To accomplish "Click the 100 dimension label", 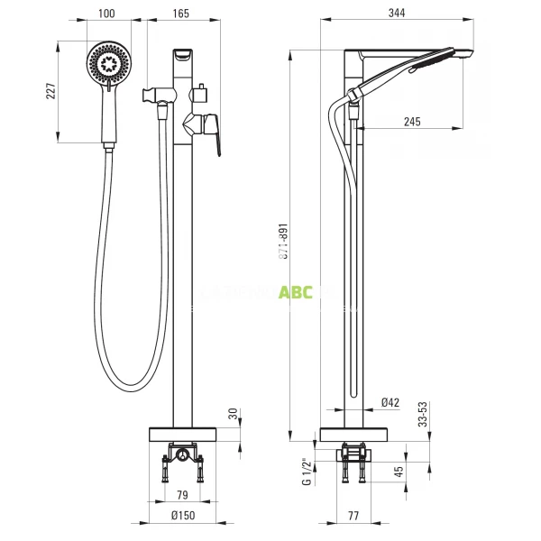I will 106,14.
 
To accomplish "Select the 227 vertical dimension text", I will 50,91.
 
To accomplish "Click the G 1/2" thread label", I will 307,471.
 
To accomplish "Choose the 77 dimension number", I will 353,516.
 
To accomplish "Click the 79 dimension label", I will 180,494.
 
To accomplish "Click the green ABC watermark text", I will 297,291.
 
